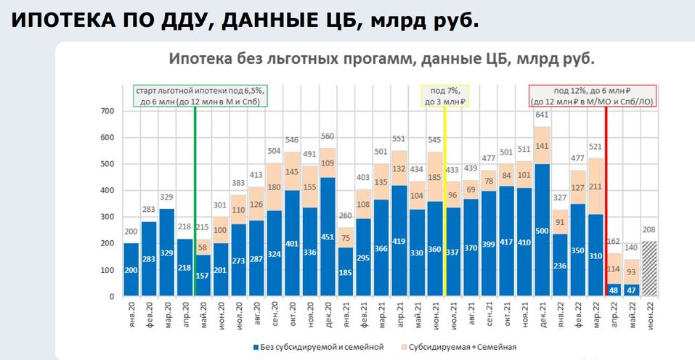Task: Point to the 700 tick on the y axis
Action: pos(107,111)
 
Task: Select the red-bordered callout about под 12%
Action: pos(593,96)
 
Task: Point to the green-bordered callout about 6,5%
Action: pos(200,96)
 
